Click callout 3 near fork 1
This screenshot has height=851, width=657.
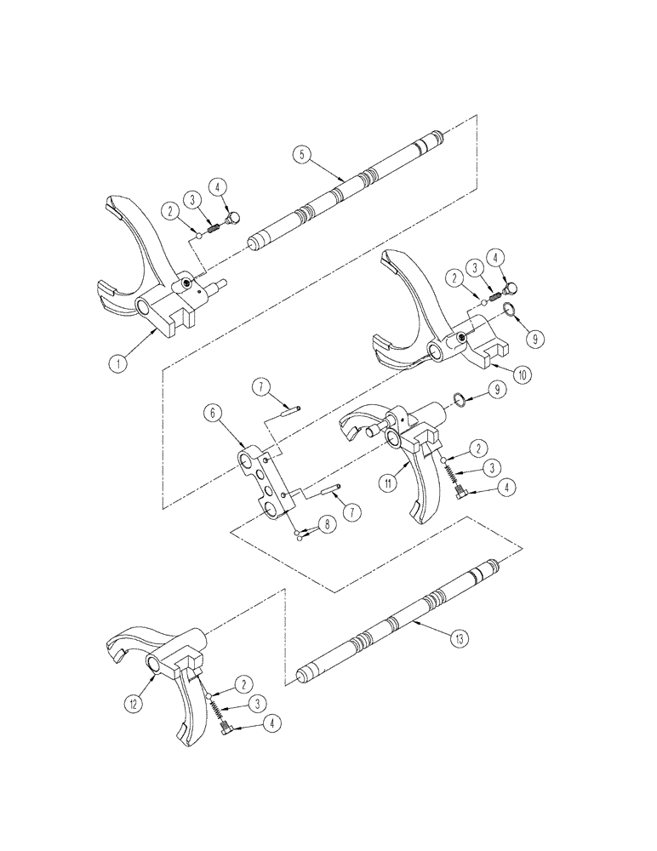195,198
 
